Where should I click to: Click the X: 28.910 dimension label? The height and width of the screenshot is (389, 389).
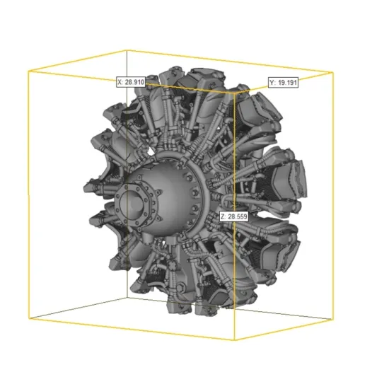131,82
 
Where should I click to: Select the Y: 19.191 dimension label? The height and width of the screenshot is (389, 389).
284,83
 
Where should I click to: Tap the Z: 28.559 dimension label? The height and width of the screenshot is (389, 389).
233,216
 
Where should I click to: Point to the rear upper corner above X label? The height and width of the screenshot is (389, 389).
126,50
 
